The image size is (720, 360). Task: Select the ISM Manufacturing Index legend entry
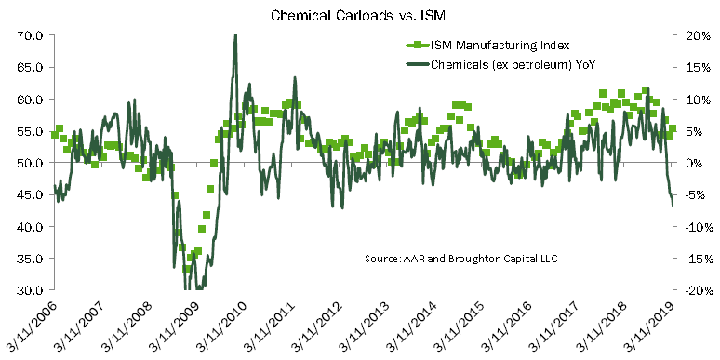[487, 45]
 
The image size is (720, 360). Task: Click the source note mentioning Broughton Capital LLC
[461, 259]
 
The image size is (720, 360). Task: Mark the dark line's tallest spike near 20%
[235, 35]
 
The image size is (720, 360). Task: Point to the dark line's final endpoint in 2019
[673, 206]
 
